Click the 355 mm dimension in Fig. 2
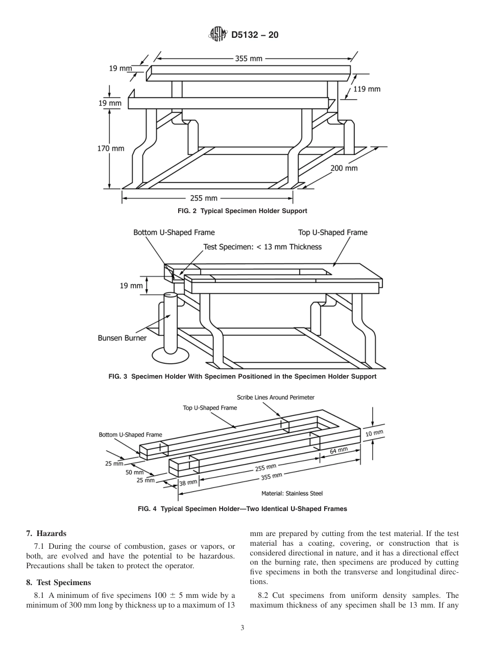[249, 58]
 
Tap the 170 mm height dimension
[111, 149]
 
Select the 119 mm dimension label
[367, 89]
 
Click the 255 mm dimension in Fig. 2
[204, 198]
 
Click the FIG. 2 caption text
[243, 211]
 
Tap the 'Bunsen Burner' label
[122, 338]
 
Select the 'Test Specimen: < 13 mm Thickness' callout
[262, 247]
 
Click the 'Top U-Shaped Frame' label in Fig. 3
[332, 233]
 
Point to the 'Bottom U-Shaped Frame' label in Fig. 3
[174, 233]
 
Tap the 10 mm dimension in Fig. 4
[374, 433]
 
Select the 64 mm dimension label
[338, 451]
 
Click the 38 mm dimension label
[188, 482]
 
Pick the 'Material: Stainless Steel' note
[292, 494]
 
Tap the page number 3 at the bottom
[243, 628]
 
